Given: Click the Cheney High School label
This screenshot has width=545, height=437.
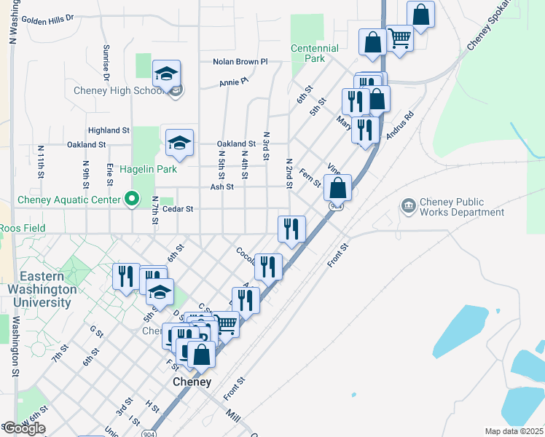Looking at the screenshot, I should pos(119,91).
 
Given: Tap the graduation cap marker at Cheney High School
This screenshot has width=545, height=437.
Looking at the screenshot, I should pos(166,74).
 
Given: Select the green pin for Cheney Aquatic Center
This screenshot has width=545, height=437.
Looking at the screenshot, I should pos(132,199).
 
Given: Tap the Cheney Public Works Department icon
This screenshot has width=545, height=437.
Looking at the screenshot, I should pos(407,207).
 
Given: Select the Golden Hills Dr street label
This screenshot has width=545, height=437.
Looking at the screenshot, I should pos(48,19).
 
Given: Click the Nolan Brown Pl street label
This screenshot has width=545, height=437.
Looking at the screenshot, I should pos(240,62).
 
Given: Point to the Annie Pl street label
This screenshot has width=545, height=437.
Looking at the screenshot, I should pos(233,83).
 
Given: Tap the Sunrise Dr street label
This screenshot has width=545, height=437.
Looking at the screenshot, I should pos(106,62).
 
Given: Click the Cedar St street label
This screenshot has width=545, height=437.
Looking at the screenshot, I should pos(177,209).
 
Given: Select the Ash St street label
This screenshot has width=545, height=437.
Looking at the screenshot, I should pos(221,186).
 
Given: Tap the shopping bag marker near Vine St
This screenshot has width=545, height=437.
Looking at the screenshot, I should pos(338,189).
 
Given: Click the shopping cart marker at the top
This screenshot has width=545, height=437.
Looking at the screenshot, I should pos(399,38).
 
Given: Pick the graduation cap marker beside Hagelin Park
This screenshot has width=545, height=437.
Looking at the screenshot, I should pos(179,143).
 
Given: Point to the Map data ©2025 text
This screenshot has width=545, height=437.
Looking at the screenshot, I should pos(513,431).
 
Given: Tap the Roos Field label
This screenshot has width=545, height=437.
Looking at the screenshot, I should pos(23,228).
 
